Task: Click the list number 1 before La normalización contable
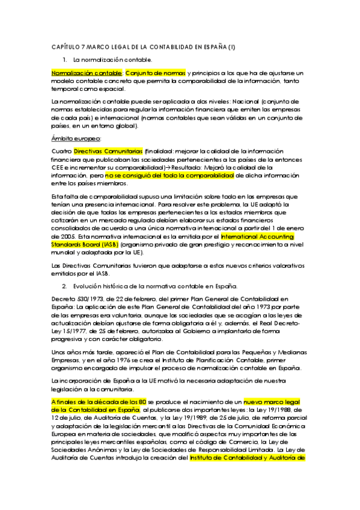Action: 65,60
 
